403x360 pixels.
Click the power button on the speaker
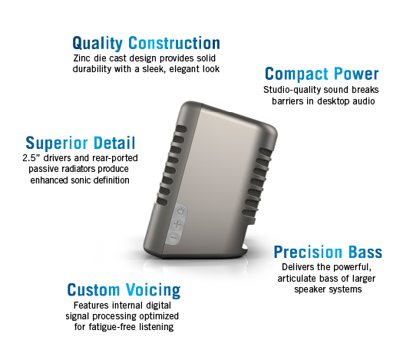coord(181,212)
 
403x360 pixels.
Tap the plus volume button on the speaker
coord(177,224)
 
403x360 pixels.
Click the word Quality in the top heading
coord(97,43)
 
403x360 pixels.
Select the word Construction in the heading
coord(174,43)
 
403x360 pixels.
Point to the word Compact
coord(296,74)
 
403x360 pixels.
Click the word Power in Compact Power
coord(356,74)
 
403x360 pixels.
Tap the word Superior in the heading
coord(57,143)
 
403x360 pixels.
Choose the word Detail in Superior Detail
coord(114,143)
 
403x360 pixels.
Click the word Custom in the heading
coord(94,290)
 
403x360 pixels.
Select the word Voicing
coord(154,290)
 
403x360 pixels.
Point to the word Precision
coord(308,252)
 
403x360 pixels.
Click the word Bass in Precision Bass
coord(365,252)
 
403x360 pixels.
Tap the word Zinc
coord(81,58)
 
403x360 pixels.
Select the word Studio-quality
coord(292,90)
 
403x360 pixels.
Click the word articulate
coord(297,279)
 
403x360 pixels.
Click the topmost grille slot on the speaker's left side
coord(180,129)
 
